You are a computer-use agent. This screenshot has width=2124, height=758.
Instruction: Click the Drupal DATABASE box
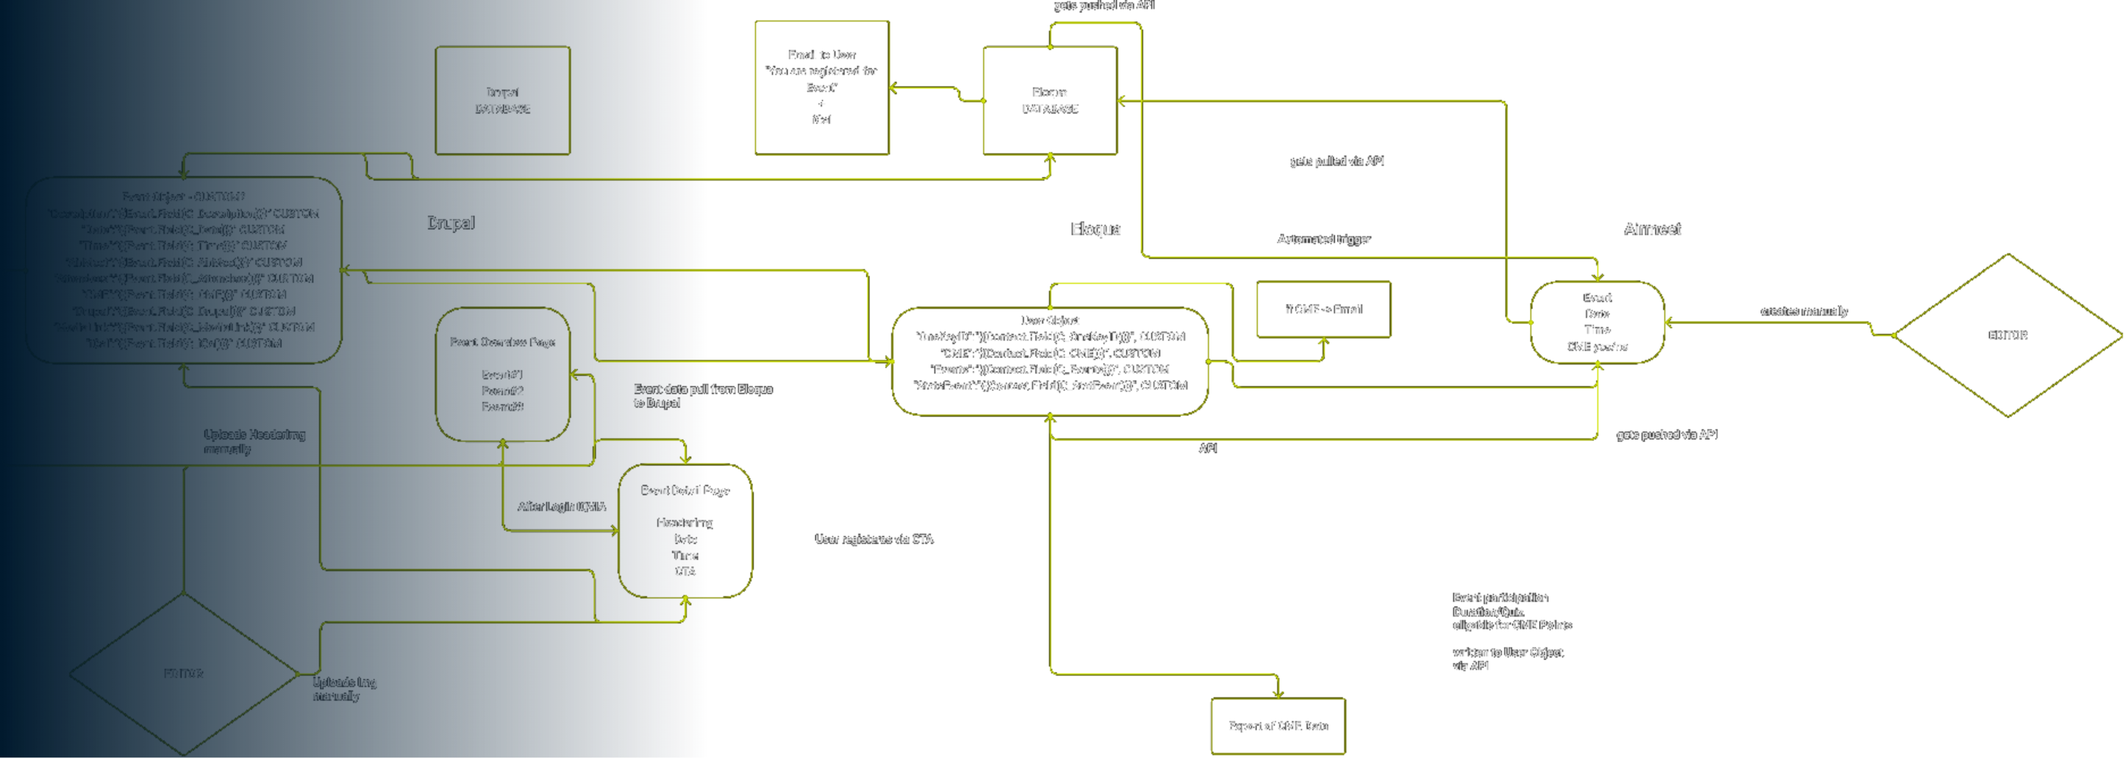pyautogui.click(x=502, y=100)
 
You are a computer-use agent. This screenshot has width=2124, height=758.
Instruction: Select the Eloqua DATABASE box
pyautogui.click(x=1050, y=100)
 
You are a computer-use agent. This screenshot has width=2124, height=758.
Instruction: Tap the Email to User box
pyautogui.click(x=821, y=87)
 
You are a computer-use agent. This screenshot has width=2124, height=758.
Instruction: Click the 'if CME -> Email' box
pyautogui.click(x=1323, y=309)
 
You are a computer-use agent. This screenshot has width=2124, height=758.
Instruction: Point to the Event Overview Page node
pyautogui.click(x=502, y=375)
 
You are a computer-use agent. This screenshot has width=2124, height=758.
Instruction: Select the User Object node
pyautogui.click(x=1050, y=361)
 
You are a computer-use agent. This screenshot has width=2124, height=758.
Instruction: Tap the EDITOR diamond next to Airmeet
pyautogui.click(x=2007, y=335)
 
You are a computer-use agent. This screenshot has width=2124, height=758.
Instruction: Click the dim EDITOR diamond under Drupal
pyautogui.click(x=183, y=674)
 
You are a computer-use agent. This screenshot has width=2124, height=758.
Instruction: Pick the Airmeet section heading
pyautogui.click(x=1652, y=229)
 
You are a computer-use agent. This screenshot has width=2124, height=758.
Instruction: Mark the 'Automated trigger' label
pyautogui.click(x=1323, y=239)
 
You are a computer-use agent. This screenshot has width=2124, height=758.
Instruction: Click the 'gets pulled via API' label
pyautogui.click(x=1337, y=162)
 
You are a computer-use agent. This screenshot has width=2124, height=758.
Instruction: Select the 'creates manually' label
pyautogui.click(x=1803, y=312)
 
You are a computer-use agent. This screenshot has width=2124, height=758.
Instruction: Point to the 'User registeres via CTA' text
pyautogui.click(x=874, y=539)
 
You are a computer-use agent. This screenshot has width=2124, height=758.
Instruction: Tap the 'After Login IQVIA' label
pyautogui.click(x=561, y=506)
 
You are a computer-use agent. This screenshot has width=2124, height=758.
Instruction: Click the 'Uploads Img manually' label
pyautogui.click(x=344, y=689)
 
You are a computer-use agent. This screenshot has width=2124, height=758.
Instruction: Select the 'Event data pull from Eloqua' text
pyautogui.click(x=703, y=390)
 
